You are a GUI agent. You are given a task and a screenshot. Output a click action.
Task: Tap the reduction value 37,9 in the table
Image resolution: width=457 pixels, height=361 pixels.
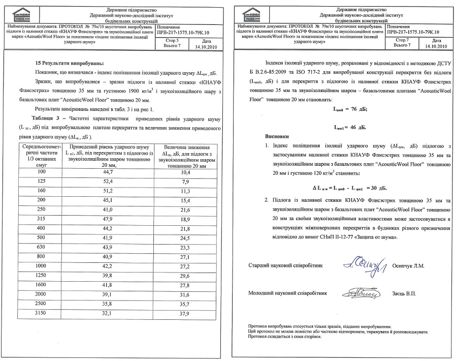[x=184, y=314]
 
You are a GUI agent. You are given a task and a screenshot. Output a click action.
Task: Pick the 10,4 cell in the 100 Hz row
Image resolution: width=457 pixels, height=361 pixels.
[x=184, y=172]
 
